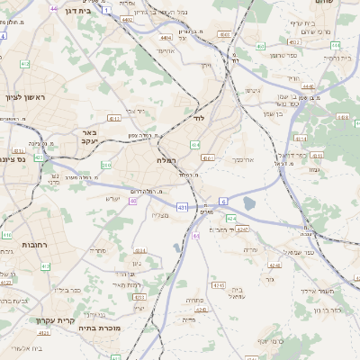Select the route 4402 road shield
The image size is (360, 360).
pos(127,18)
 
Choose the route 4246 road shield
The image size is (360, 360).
pos(274,265)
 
